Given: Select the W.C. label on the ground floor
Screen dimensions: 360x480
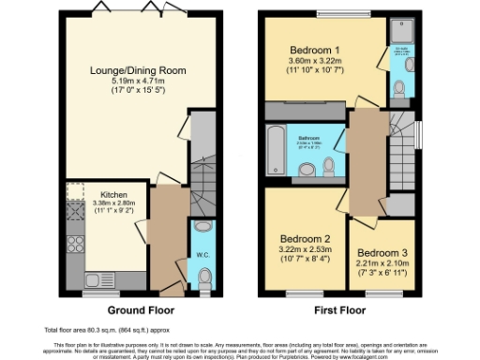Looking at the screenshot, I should click(x=202, y=255).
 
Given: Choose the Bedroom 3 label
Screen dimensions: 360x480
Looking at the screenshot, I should click(x=382, y=252).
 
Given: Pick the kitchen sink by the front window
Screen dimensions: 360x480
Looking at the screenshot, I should click(x=99, y=278).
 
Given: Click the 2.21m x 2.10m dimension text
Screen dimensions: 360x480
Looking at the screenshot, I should click(x=382, y=263).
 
